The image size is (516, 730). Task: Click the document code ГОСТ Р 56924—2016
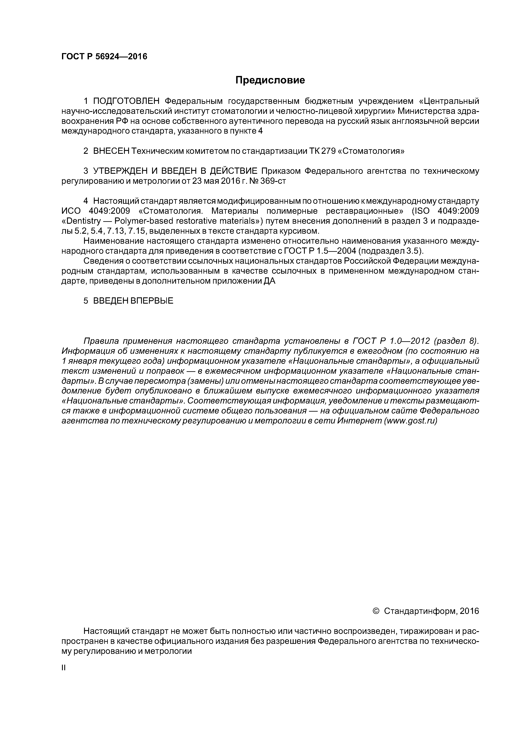(104, 57)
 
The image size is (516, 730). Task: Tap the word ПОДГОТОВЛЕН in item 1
(126, 101)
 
